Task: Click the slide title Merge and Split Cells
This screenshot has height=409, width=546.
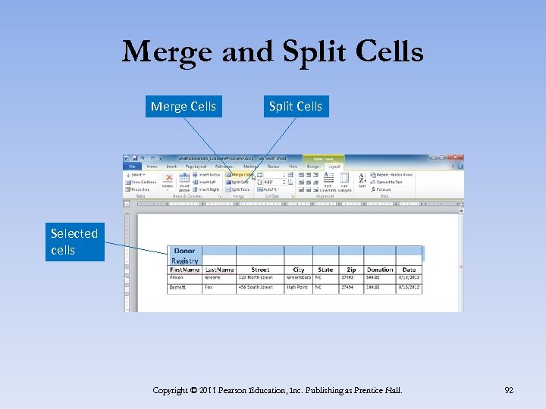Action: pyautogui.click(x=272, y=52)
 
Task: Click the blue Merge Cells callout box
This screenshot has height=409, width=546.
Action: pyautogui.click(x=183, y=106)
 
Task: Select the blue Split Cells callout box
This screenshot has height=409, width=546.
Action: pyautogui.click(x=295, y=106)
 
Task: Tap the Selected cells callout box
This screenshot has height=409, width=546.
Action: pyautogui.click(x=74, y=242)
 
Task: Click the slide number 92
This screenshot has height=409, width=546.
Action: pyautogui.click(x=509, y=390)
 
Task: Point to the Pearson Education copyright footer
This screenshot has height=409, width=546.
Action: pyautogui.click(x=277, y=390)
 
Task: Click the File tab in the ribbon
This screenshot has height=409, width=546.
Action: pyautogui.click(x=132, y=166)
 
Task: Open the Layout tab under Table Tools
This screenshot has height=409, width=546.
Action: pyautogui.click(x=334, y=166)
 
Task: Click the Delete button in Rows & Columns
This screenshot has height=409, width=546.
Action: pyautogui.click(x=168, y=182)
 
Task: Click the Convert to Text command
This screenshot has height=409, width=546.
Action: pyautogui.click(x=394, y=182)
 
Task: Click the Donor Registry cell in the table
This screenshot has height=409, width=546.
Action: pyautogui.click(x=184, y=255)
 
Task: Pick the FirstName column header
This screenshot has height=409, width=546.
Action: pyautogui.click(x=184, y=270)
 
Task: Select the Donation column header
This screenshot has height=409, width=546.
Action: pyautogui.click(x=379, y=270)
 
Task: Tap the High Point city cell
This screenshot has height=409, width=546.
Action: pyautogui.click(x=299, y=288)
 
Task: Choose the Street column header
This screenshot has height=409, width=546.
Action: pyautogui.click(x=260, y=270)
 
